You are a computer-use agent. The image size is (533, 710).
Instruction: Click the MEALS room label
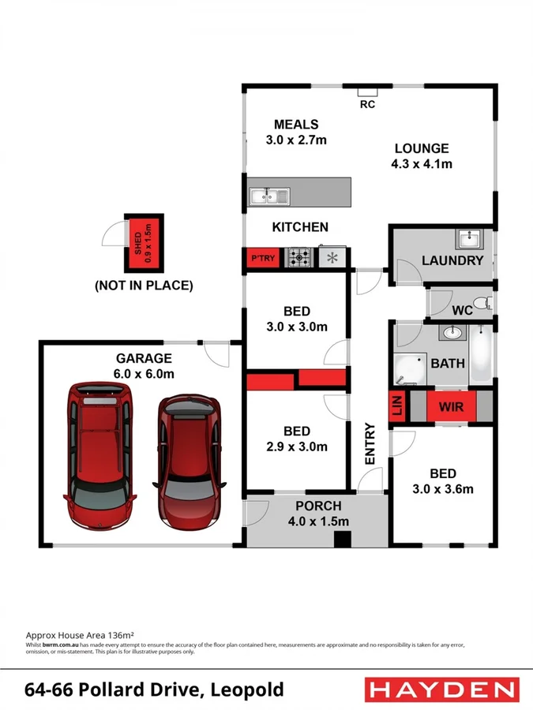[296, 125]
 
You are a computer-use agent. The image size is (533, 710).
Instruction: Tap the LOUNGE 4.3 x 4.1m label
[422, 156]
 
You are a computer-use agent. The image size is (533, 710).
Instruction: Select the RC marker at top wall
[367, 103]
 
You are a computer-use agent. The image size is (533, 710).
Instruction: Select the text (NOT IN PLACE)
[144, 286]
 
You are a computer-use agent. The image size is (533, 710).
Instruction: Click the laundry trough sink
[469, 238]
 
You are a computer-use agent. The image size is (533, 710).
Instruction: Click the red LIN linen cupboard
[396, 408]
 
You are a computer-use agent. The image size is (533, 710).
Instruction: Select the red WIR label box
[451, 408]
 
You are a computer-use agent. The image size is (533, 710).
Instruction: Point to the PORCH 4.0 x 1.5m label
[317, 514]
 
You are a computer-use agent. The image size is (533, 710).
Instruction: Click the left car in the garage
[99, 456]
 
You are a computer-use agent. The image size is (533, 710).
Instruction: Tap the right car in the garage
[188, 461]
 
